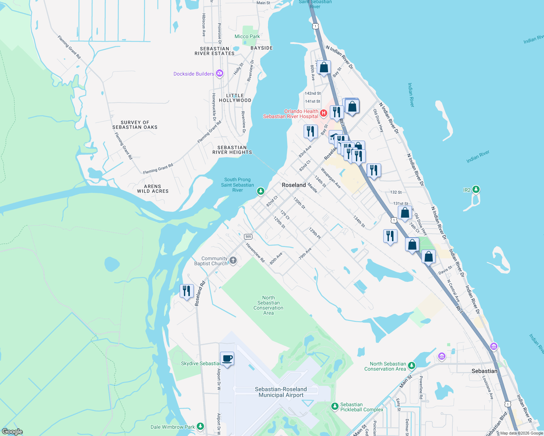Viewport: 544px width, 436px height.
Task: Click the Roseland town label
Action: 294,185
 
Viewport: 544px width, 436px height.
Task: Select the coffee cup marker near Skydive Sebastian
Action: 227,359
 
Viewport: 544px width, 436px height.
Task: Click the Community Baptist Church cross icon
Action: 233,260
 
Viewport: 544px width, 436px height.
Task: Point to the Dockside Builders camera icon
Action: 219,74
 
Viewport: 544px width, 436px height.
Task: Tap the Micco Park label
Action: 247,36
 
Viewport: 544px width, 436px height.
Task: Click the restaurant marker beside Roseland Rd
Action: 187,291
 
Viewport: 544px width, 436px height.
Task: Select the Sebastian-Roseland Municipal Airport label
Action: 281,392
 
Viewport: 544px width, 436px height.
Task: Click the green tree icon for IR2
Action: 476,190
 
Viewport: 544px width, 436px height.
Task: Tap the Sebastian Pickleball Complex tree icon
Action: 335,407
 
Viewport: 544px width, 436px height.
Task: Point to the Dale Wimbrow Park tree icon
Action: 200,427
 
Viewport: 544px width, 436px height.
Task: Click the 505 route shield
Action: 248,237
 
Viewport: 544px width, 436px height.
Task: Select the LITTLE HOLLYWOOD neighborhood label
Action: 235,98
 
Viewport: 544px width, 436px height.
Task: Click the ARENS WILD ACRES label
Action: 153,189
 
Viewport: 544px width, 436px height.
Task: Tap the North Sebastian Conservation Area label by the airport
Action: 268,305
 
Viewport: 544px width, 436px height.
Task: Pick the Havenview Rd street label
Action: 255,252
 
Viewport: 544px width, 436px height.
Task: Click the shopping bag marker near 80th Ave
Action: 324,68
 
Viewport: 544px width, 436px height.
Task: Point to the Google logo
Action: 12,432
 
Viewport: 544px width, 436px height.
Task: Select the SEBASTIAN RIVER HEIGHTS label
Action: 232,150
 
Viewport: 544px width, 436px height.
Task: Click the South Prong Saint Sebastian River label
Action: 237,185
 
